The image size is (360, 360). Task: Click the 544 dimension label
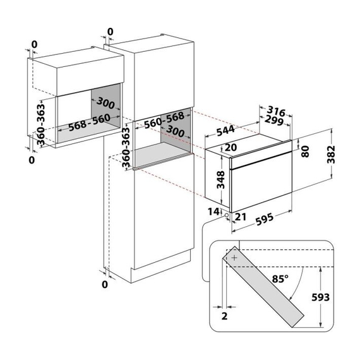tap(225, 131)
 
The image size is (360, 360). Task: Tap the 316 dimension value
tap(277, 111)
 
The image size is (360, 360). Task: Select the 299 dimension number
tap(274, 120)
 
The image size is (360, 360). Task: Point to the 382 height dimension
tap(331, 154)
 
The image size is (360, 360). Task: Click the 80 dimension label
tap(305, 152)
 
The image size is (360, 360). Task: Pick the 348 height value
tap(220, 180)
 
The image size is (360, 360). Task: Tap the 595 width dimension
tap(265, 219)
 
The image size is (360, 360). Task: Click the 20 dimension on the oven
tap(231, 147)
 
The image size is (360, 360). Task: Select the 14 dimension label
tap(213, 212)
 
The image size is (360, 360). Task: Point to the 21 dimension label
tap(241, 217)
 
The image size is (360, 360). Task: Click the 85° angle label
tap(280, 279)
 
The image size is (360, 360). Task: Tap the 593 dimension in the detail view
tap(320, 297)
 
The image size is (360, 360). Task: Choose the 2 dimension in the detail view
tap(225, 316)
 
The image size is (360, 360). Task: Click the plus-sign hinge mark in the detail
tap(234, 258)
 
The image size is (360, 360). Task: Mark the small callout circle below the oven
tap(227, 215)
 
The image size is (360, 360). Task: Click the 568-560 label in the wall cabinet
tap(90, 123)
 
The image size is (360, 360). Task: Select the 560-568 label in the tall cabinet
tap(164, 120)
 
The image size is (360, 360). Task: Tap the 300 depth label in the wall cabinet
tap(105, 103)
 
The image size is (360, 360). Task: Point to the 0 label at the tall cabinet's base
tap(105, 285)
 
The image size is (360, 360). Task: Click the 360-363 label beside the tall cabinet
tap(126, 147)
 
